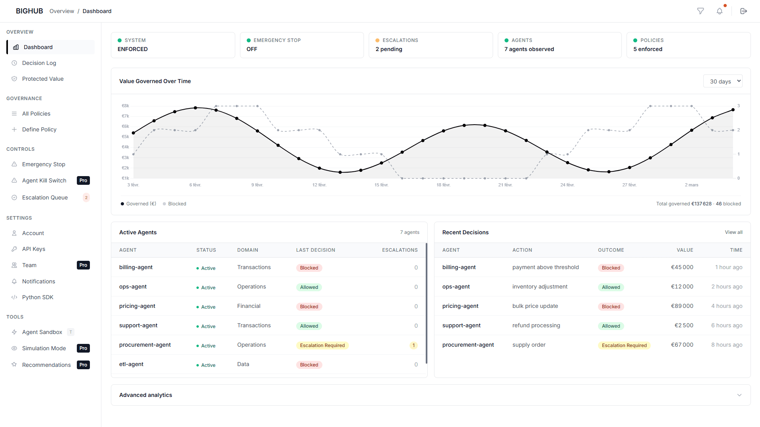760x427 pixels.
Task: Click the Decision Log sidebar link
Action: tap(39, 63)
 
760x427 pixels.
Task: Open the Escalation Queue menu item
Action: tap(45, 197)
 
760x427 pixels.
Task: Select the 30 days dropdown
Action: tap(722, 81)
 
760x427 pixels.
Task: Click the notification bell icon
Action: tap(719, 11)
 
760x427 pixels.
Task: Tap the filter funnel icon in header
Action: tap(700, 11)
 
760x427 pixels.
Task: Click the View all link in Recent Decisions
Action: tap(733, 232)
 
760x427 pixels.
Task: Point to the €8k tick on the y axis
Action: tap(125, 106)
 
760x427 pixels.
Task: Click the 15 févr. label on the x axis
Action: tap(381, 185)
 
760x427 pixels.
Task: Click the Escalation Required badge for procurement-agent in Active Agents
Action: tap(322, 345)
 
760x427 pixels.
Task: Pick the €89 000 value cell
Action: tap(682, 306)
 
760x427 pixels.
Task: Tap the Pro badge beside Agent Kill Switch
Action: tap(83, 180)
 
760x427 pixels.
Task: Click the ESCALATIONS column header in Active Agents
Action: tap(400, 250)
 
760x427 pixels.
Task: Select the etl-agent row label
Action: tap(131, 364)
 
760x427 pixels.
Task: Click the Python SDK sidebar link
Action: tap(38, 297)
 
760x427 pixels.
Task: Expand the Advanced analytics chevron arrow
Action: tap(739, 395)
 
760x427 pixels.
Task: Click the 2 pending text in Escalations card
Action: tap(389, 49)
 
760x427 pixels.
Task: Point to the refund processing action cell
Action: tap(536, 325)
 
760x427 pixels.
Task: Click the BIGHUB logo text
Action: tap(29, 11)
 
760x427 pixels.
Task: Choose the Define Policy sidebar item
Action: tap(39, 129)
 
